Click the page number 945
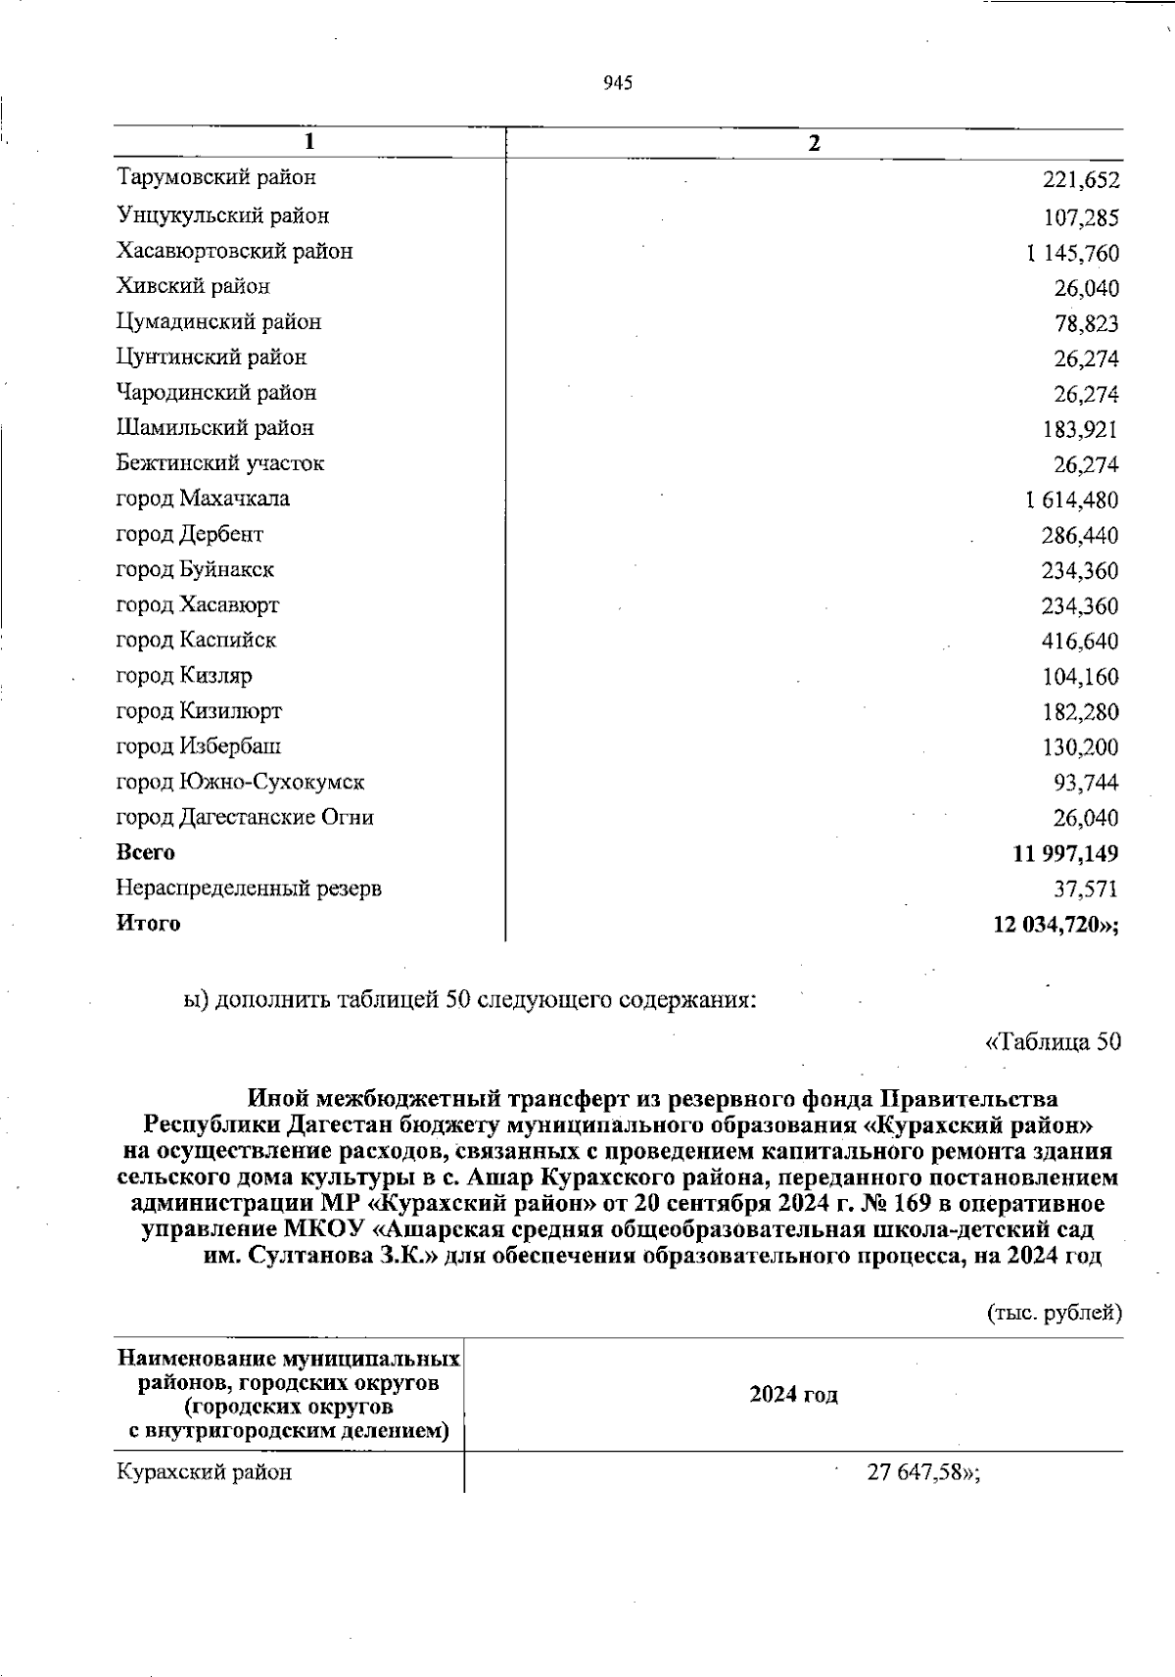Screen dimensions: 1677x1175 pyautogui.click(x=618, y=83)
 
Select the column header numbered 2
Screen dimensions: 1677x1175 pyautogui.click(x=814, y=143)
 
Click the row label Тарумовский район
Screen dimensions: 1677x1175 pyautogui.click(x=216, y=177)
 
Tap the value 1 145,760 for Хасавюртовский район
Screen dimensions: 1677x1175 pyautogui.click(x=1072, y=254)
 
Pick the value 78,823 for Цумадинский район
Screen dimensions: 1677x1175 pyautogui.click(x=1086, y=324)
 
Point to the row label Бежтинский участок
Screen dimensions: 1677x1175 pyautogui.click(x=219, y=462)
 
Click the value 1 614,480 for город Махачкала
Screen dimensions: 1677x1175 pyautogui.click(x=1072, y=501)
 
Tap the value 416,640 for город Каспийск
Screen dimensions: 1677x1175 pyautogui.click(x=1079, y=642)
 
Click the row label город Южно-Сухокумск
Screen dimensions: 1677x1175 pyautogui.click(x=240, y=782)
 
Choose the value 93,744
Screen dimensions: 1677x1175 pyautogui.click(x=1086, y=783)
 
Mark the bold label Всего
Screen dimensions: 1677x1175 pyautogui.click(x=146, y=852)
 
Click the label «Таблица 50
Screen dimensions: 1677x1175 pyautogui.click(x=1052, y=1041)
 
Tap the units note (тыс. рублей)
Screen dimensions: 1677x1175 pyautogui.click(x=1053, y=1313)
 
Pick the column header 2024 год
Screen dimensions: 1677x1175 pyautogui.click(x=793, y=1395)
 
